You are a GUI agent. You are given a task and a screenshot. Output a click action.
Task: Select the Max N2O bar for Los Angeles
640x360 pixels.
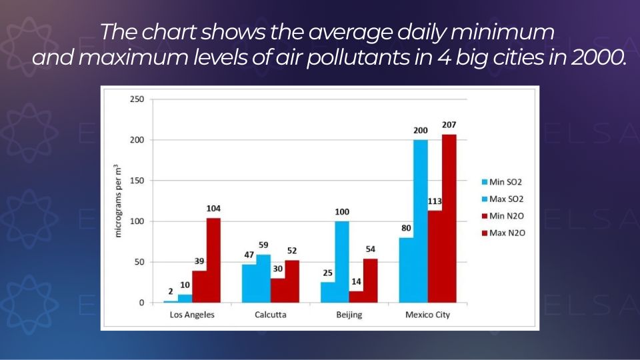point(213,260)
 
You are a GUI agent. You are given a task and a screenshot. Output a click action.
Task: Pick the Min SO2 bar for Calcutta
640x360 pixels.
point(249,283)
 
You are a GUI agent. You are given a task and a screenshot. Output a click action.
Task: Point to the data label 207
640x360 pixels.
point(449,125)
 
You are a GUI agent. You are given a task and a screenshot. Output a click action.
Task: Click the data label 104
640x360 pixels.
point(213,209)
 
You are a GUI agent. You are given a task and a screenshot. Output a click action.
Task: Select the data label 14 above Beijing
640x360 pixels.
point(356,282)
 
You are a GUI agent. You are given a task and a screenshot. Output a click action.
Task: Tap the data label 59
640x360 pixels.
point(263,245)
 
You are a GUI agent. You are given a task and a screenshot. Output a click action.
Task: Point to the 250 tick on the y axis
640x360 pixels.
point(137,99)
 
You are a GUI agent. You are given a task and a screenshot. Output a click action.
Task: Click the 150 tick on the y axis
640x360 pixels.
point(137,181)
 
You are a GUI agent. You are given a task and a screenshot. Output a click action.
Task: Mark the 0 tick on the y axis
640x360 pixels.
point(141,303)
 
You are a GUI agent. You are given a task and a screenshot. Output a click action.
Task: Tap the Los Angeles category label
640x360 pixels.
point(192,315)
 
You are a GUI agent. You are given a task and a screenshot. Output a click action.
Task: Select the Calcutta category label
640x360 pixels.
point(270,315)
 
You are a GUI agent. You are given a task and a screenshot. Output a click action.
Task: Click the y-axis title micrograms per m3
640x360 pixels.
point(118,201)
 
